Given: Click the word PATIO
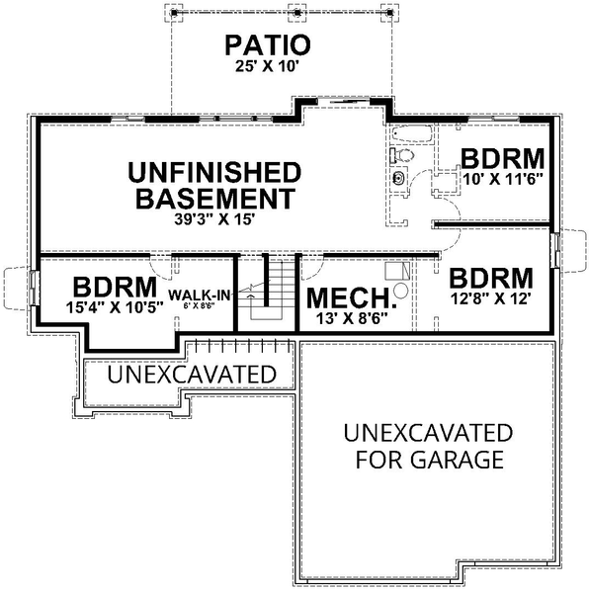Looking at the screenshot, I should click(x=267, y=44).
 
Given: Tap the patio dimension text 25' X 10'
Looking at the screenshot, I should click(x=267, y=66).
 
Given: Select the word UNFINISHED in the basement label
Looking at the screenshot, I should click(x=213, y=171).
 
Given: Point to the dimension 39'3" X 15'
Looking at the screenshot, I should click(x=213, y=219).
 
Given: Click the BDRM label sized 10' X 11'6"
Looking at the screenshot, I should click(x=503, y=158).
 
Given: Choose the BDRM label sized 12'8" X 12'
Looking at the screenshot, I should click(x=491, y=277).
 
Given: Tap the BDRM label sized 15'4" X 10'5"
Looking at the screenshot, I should click(x=110, y=287).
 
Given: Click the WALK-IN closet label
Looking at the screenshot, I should click(x=200, y=296).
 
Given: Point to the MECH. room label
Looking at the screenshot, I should click(x=350, y=298).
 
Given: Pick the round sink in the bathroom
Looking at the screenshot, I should click(x=399, y=179).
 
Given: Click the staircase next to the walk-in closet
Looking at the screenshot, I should click(x=267, y=292).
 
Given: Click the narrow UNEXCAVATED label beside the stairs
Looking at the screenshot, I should click(x=191, y=375).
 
